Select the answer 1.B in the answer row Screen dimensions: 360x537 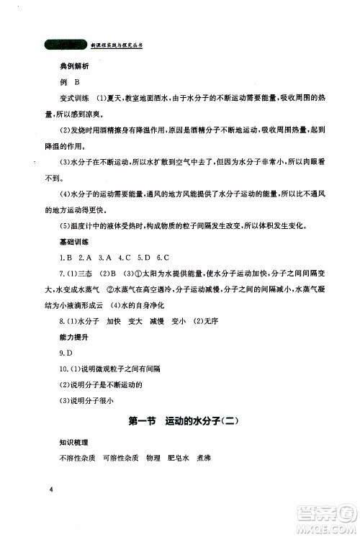[x=68, y=257]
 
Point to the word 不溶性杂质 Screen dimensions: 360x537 [x=77, y=458]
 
